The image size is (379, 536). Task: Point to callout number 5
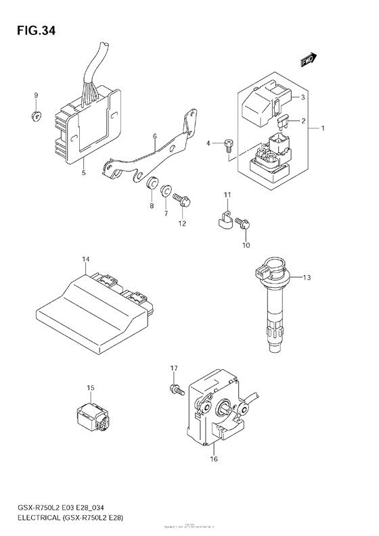click(x=83, y=174)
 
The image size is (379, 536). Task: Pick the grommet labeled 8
click(x=152, y=183)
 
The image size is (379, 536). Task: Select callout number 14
click(x=85, y=259)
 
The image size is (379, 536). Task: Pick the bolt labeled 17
click(x=175, y=389)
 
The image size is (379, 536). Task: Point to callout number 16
click(x=214, y=460)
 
